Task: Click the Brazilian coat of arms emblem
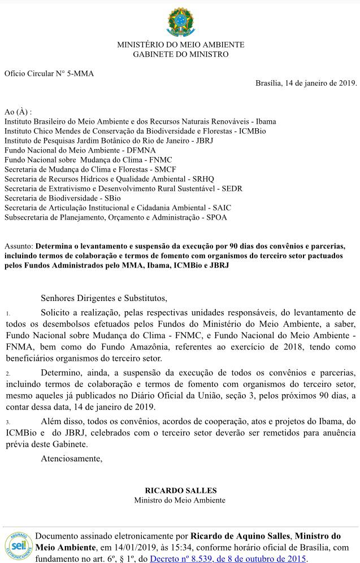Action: (x=180, y=21)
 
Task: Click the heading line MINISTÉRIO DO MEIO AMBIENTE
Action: (x=180, y=45)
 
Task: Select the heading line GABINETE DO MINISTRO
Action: (x=180, y=54)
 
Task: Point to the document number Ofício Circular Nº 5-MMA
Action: (x=49, y=73)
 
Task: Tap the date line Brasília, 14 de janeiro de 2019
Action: (x=306, y=83)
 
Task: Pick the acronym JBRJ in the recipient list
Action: (x=201, y=140)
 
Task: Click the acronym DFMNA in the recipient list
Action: (x=141, y=150)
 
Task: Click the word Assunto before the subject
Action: (x=18, y=246)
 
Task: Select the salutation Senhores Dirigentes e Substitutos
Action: (x=104, y=298)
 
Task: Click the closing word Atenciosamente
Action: (x=72, y=458)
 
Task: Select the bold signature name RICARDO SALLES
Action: (x=180, y=490)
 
